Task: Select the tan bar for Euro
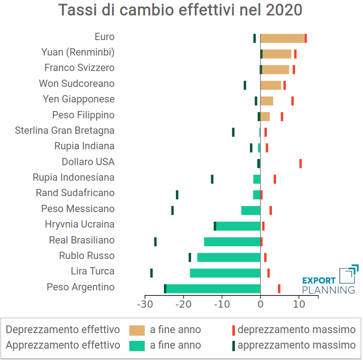tap(282, 38)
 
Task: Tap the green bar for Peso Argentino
tap(213, 289)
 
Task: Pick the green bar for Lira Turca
tap(225, 273)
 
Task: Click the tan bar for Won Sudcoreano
tap(271, 85)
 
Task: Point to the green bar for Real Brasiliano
tap(232, 242)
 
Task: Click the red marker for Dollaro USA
tap(301, 163)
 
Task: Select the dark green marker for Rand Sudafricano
tap(177, 195)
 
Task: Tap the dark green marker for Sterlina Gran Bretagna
tap(233, 132)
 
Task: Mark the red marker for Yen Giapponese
tap(292, 101)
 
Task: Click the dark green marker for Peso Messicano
tap(173, 210)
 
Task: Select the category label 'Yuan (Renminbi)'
tap(78, 52)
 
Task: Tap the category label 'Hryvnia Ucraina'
tap(80, 224)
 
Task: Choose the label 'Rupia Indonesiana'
tap(74, 177)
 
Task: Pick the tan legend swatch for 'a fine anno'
tap(137, 330)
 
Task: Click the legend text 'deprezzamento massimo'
tap(296, 330)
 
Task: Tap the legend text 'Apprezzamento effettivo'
tap(63, 345)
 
